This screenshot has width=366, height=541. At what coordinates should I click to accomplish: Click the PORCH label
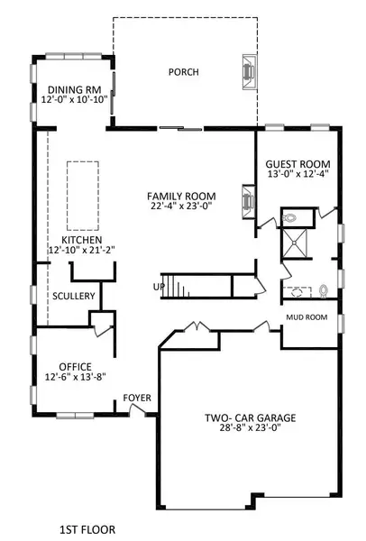[183, 73]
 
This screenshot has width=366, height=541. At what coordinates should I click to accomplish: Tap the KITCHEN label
[81, 242]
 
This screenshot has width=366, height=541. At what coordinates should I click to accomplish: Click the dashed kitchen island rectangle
[82, 196]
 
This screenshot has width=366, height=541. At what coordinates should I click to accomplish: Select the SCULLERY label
[69, 295]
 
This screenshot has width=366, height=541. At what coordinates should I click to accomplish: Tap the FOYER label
[137, 398]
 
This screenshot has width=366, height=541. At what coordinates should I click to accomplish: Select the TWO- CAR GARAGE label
[250, 418]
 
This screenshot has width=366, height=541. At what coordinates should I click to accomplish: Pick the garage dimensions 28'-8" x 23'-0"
[250, 430]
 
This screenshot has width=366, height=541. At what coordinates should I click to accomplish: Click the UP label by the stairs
[159, 288]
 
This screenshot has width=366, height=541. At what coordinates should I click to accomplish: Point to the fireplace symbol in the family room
[246, 197]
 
